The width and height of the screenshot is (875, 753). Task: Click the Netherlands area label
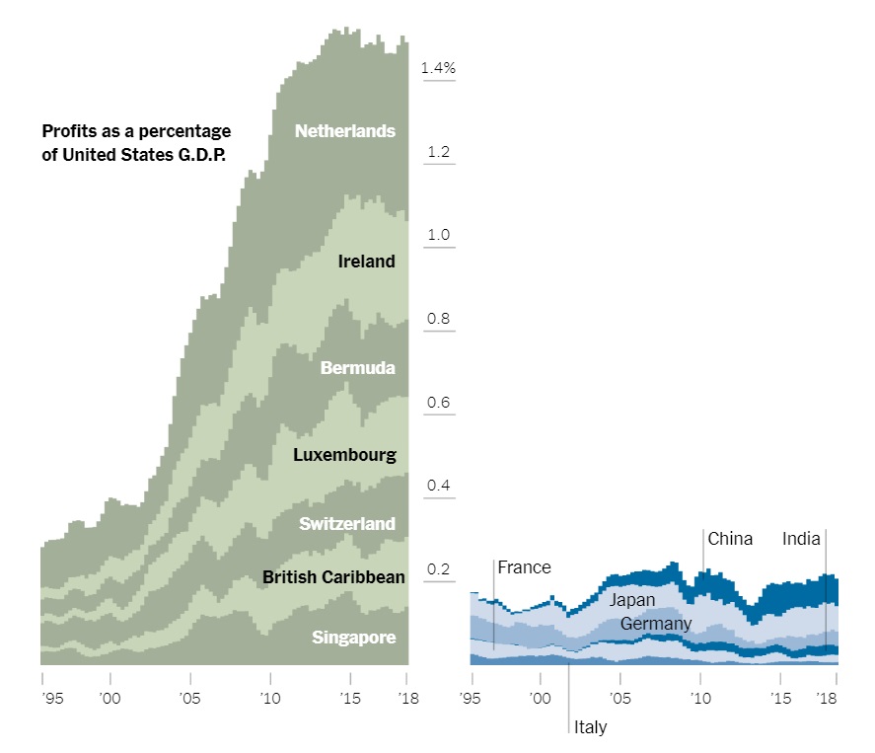tap(345, 131)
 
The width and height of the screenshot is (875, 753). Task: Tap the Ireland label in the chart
tap(366, 262)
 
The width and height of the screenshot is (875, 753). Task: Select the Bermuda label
tap(357, 368)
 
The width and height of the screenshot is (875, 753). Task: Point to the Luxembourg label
tap(344, 455)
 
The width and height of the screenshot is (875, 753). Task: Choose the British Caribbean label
tap(333, 576)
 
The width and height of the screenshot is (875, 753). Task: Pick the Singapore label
tap(353, 638)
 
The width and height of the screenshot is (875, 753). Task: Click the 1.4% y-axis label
tap(438, 68)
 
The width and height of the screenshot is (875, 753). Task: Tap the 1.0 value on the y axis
tap(438, 235)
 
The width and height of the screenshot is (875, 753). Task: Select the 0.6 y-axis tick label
tap(438, 403)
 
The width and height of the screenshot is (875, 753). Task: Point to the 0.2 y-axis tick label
tap(438, 569)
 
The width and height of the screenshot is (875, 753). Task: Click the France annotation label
tap(524, 567)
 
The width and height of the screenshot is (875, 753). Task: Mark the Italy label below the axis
tap(590, 727)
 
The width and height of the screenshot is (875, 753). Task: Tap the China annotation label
tap(730, 539)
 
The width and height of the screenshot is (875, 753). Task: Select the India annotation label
tap(801, 539)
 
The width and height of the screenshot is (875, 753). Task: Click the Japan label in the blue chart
tap(631, 600)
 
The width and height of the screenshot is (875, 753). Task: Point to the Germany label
tap(656, 624)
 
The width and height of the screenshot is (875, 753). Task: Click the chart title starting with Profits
tap(136, 142)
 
